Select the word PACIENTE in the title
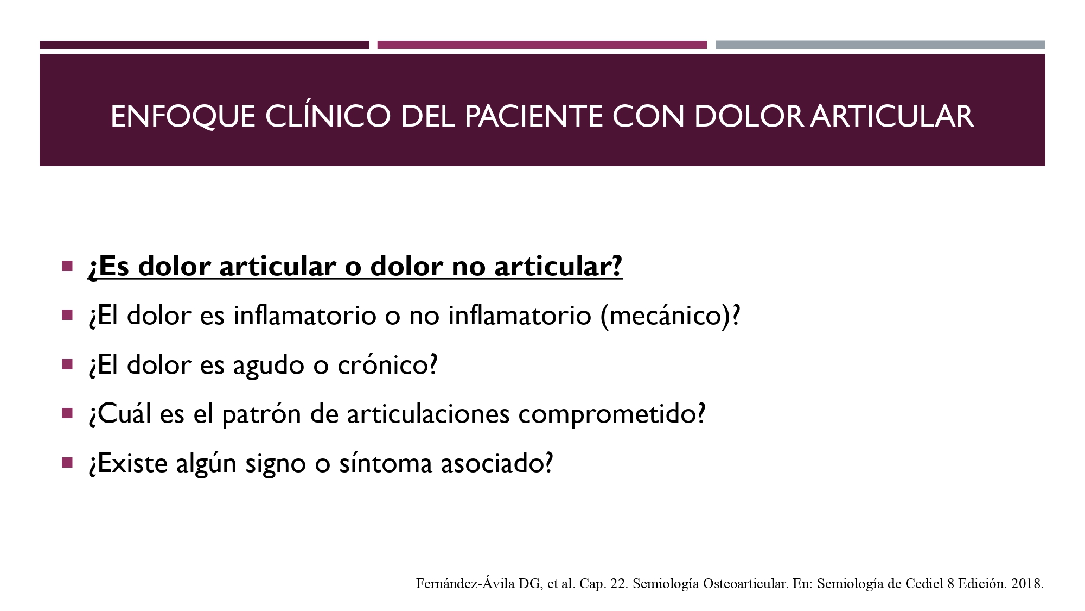point(533,116)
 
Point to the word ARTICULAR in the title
point(892,116)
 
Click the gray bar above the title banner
point(880,45)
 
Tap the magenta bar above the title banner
point(542,45)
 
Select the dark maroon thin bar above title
point(204,45)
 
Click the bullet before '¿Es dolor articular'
point(67,266)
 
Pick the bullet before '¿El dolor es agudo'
point(67,364)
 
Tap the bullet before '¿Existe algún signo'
point(67,463)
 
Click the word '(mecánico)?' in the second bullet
point(670,316)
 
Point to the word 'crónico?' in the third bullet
point(387,365)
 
